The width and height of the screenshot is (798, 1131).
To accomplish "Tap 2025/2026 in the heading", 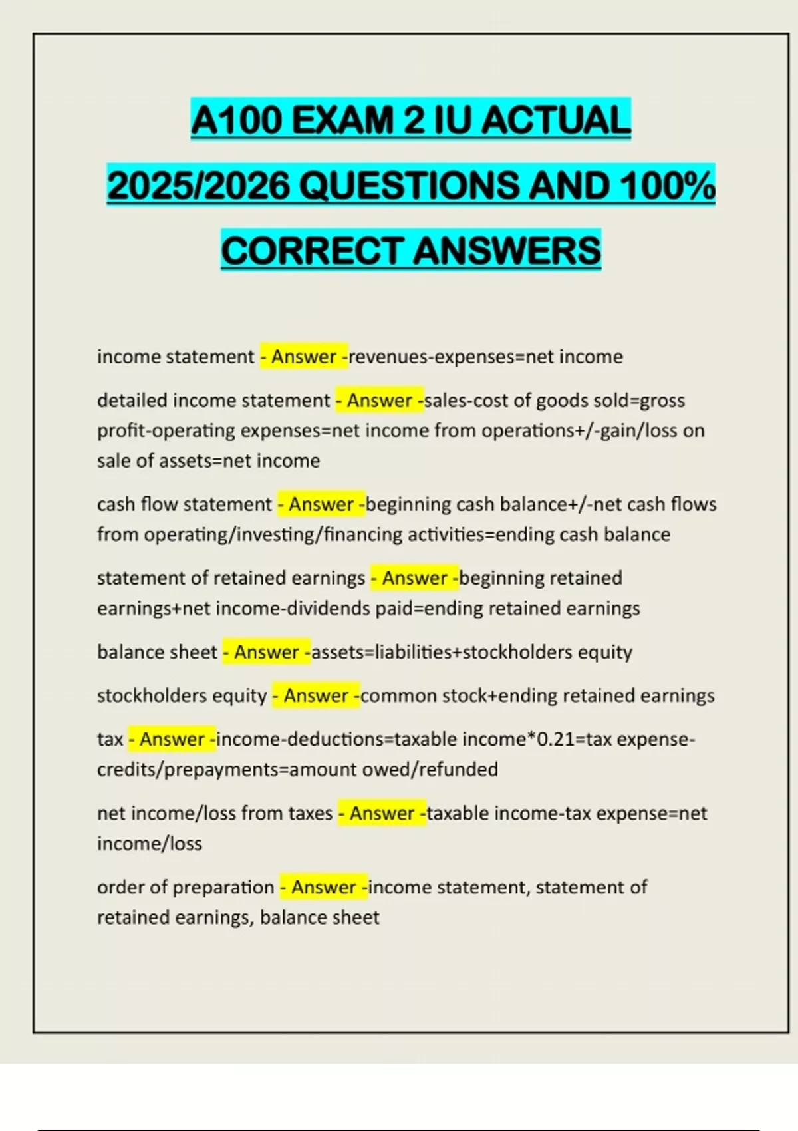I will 198,186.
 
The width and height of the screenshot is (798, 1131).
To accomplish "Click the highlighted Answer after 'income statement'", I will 303,357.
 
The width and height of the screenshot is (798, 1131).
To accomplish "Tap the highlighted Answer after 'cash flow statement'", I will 321,504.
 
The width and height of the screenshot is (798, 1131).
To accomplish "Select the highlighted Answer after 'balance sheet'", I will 266,652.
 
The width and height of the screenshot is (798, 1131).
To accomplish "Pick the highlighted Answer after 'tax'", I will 172,739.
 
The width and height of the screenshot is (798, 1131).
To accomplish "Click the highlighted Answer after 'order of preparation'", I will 323,887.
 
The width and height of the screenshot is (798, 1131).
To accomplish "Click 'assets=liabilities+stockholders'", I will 441,652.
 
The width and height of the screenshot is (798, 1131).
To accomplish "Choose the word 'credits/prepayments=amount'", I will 227,770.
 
